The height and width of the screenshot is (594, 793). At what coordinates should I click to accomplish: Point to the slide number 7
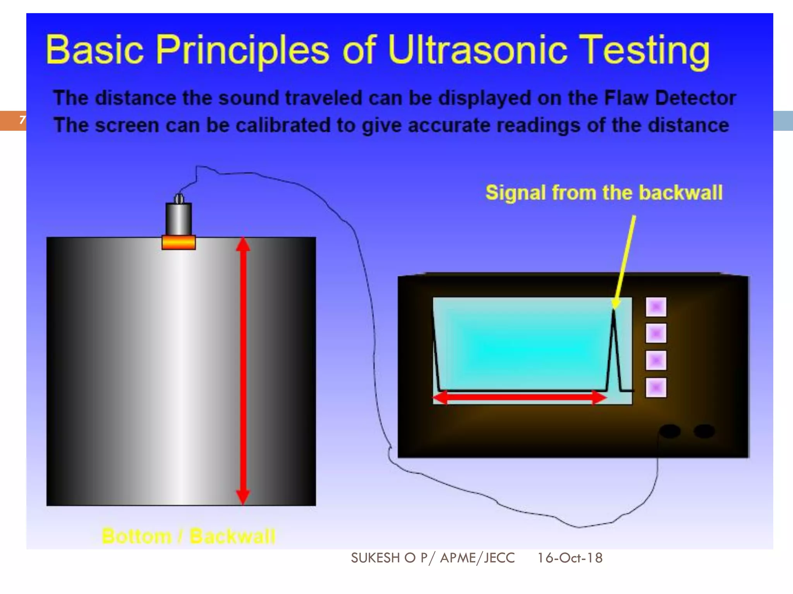(22, 120)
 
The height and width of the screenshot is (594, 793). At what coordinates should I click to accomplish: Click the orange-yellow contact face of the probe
(179, 242)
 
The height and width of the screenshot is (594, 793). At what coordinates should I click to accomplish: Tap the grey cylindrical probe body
(179, 218)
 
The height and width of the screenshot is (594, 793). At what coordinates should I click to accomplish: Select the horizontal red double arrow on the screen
(519, 397)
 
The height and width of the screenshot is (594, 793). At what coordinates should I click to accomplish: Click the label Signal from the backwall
(604, 193)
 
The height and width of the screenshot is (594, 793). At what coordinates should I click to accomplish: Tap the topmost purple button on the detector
(656, 307)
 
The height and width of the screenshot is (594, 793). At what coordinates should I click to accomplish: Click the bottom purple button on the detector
(656, 387)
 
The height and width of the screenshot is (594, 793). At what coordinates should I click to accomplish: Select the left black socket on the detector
(669, 431)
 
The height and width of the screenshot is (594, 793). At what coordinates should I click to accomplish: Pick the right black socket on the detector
(704, 431)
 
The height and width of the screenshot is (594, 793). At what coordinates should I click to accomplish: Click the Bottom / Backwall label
(189, 536)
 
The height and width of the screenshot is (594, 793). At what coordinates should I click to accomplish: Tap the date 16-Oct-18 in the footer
(570, 558)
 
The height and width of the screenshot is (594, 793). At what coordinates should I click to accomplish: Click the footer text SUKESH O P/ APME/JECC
(433, 558)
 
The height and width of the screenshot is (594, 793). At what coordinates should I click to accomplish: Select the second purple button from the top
(656, 333)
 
